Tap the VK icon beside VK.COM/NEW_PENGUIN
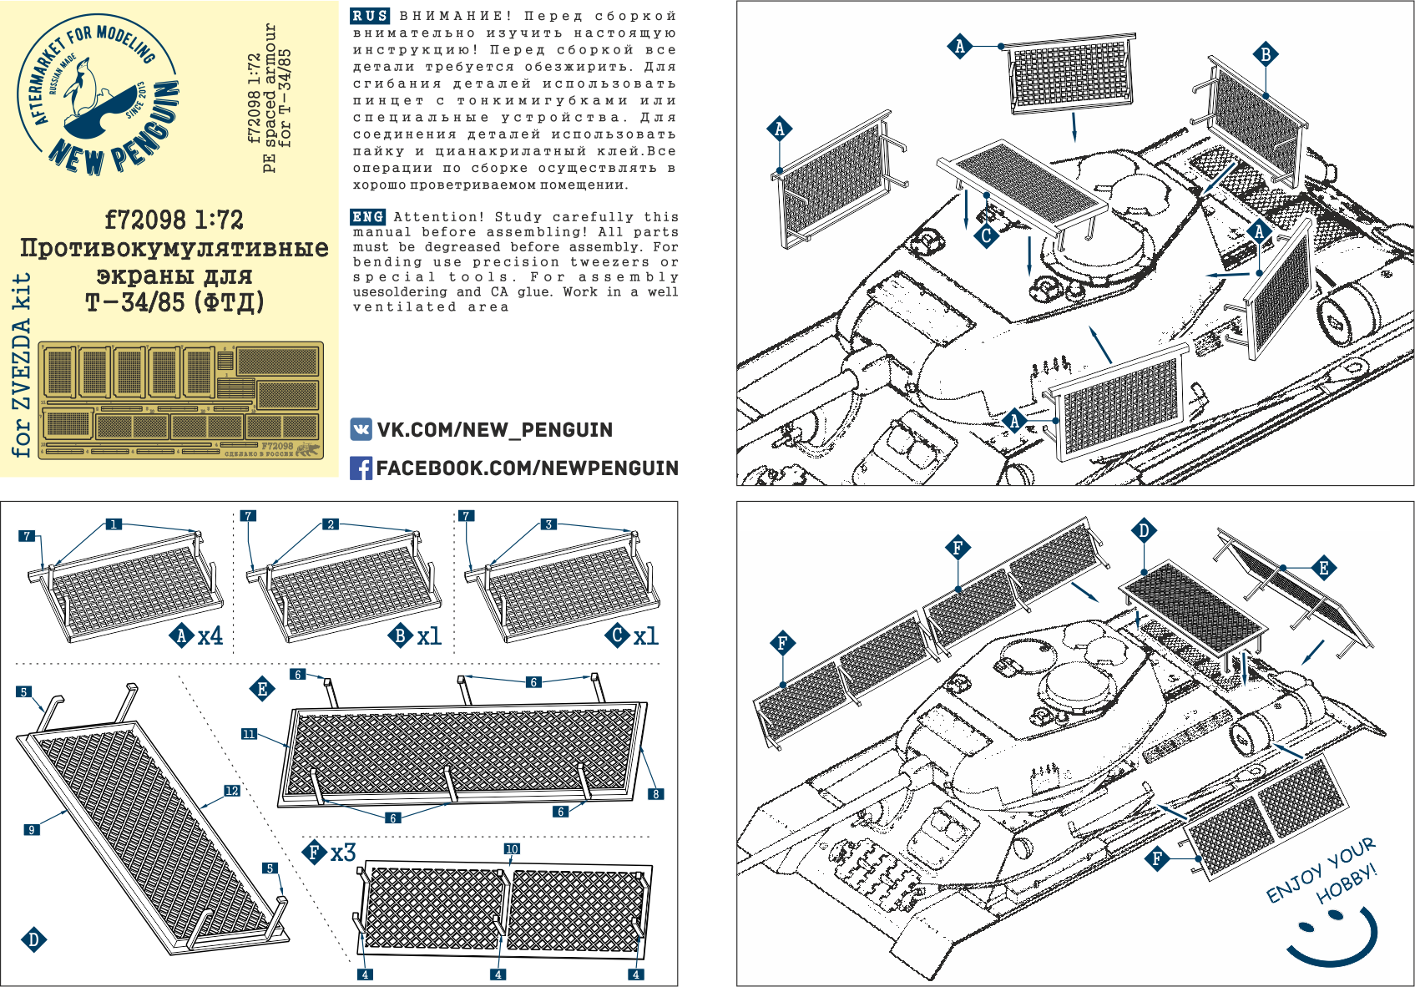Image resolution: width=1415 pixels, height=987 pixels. coord(361,430)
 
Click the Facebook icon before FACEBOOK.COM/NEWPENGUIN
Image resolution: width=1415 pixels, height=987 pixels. coord(361,468)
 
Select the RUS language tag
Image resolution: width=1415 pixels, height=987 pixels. coord(370,16)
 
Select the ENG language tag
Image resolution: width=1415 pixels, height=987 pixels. coord(367,217)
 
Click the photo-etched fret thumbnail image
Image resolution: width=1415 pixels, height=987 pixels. coord(180,400)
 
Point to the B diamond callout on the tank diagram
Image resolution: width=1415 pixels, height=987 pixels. coord(1266,55)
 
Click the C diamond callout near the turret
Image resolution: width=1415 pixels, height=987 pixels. coord(986,235)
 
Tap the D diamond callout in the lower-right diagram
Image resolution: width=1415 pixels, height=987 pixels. coord(1144,531)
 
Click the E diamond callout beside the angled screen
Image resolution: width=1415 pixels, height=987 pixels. coord(1323,569)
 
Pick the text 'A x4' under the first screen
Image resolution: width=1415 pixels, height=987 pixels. coord(199,636)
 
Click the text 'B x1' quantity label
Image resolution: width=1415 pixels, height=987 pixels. coord(416,636)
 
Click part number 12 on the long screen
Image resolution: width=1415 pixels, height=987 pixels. coord(231,791)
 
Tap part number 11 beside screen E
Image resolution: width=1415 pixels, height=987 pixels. coord(249,734)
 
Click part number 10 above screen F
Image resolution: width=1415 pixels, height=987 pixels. coord(512,848)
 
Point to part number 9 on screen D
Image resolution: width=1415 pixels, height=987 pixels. coord(32,829)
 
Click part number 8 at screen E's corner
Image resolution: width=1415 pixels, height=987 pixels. coord(657,794)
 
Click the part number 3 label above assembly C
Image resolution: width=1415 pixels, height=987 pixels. coord(548,524)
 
